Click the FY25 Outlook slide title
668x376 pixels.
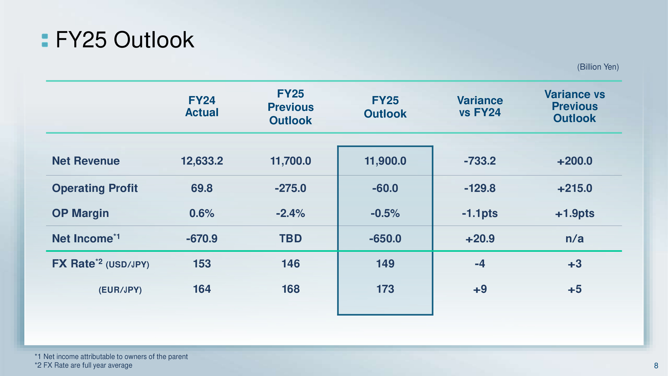[x=125, y=40]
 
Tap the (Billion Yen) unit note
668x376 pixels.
[x=598, y=67]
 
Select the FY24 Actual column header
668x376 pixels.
[x=202, y=106]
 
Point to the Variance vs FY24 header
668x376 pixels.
[x=480, y=106]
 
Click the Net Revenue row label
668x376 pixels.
[x=86, y=161]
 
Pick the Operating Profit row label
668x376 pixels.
[x=95, y=188]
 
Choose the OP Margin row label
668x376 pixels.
[x=80, y=213]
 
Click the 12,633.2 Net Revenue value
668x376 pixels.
[x=202, y=161]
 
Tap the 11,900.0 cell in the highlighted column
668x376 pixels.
[x=385, y=161]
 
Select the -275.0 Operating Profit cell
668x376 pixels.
[x=290, y=188]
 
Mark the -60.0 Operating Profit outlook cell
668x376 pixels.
[x=385, y=188]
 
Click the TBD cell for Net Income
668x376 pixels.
[x=290, y=239]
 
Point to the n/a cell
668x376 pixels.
[x=574, y=239]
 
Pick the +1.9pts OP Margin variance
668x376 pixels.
[x=574, y=213]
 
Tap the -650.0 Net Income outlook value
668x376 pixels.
[x=385, y=239]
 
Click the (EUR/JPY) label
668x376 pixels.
[x=120, y=290]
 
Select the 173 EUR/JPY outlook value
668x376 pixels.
[x=385, y=289]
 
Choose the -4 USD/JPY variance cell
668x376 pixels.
[x=480, y=264]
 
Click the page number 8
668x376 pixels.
[x=656, y=366]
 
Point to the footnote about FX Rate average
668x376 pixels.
[x=83, y=365]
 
